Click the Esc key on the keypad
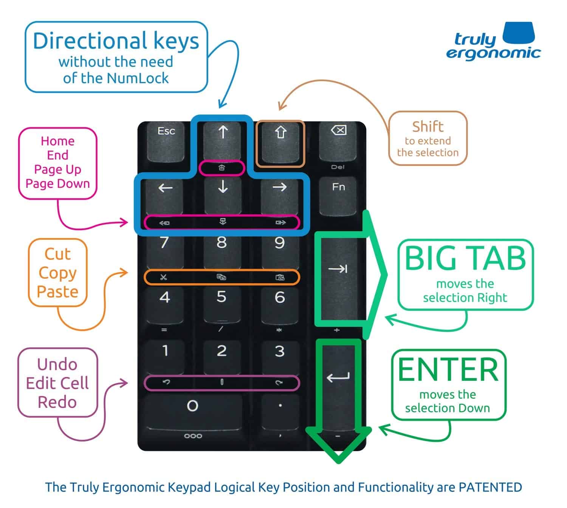coord(166,141)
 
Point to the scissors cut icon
coord(163,278)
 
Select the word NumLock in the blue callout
coord(138,78)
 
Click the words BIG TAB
coord(465,258)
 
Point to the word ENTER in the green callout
coord(448,370)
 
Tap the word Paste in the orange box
coord(57,292)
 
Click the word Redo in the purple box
coord(57,402)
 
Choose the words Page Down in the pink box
coord(57,184)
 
